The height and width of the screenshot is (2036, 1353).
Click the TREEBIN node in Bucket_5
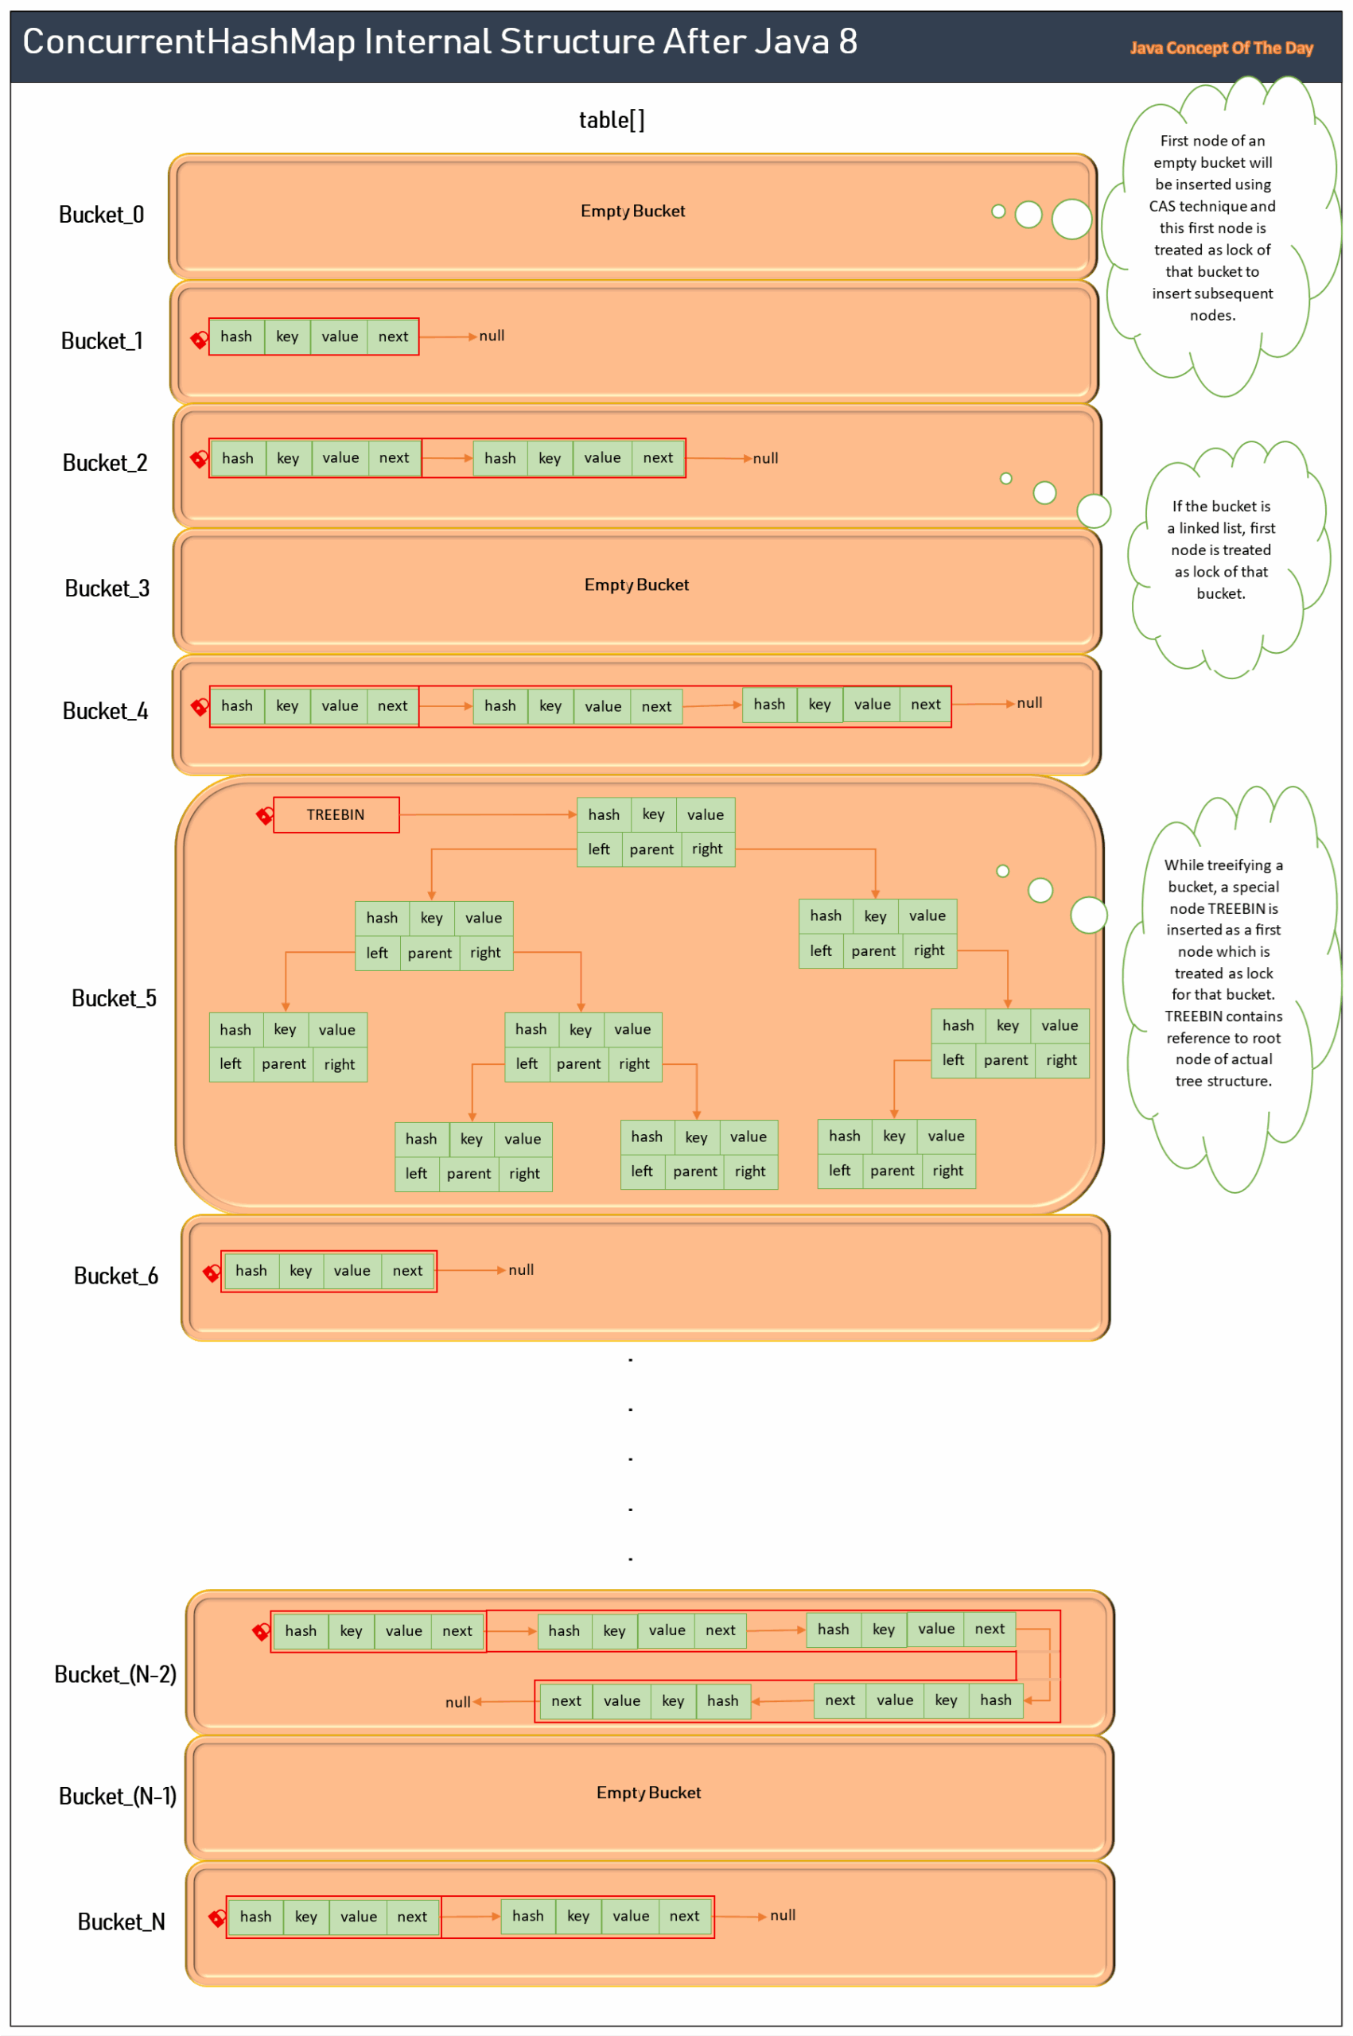click(336, 814)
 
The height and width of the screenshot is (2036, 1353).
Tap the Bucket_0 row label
click(101, 215)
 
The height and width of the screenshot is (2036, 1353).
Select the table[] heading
click(611, 120)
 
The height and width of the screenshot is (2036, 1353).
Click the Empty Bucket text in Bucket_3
click(636, 585)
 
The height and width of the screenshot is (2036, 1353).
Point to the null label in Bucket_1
click(492, 336)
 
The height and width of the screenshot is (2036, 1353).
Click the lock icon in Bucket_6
click(212, 1272)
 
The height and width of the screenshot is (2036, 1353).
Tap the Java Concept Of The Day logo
click(1221, 49)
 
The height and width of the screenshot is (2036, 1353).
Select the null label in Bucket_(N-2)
click(457, 1702)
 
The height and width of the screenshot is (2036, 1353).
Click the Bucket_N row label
click(121, 1921)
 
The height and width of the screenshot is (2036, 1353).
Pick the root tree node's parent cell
click(651, 849)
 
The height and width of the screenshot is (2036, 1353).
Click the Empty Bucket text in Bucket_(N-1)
click(648, 1793)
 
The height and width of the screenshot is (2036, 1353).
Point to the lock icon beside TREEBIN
click(265, 815)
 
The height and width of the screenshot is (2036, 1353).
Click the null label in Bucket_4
click(1029, 703)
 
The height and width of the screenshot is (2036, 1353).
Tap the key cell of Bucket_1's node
click(287, 336)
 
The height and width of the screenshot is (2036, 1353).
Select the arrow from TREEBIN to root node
click(488, 814)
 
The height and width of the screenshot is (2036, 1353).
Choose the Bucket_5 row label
click(114, 998)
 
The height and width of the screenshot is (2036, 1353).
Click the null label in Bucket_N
click(783, 1915)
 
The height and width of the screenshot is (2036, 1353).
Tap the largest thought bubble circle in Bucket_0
click(1071, 220)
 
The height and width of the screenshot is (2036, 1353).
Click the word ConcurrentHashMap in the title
click(187, 41)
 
